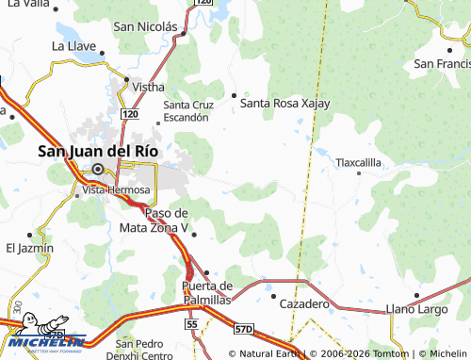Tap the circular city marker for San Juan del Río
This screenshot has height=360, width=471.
click(x=97, y=170)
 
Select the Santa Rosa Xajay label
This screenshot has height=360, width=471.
click(x=285, y=104)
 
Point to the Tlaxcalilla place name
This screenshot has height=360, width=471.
click(x=359, y=162)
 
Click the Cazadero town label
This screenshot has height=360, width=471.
click(x=304, y=303)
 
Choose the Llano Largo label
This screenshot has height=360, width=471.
click(x=418, y=308)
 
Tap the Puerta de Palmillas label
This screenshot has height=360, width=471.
click(x=206, y=292)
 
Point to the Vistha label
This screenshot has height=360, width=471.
click(x=148, y=86)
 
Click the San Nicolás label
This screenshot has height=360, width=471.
click(x=145, y=27)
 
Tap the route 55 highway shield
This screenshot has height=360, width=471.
click(x=191, y=323)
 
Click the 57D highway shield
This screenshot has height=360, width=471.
click(x=244, y=329)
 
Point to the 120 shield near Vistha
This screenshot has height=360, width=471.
click(x=131, y=114)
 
